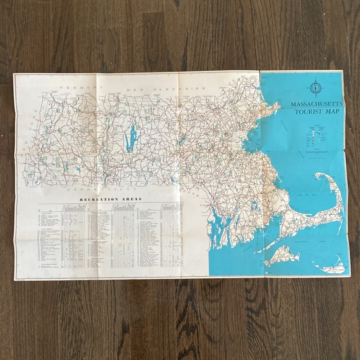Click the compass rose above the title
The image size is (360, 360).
316,86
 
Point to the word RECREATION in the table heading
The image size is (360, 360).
97,199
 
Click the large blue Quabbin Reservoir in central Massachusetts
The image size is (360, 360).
131,138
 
